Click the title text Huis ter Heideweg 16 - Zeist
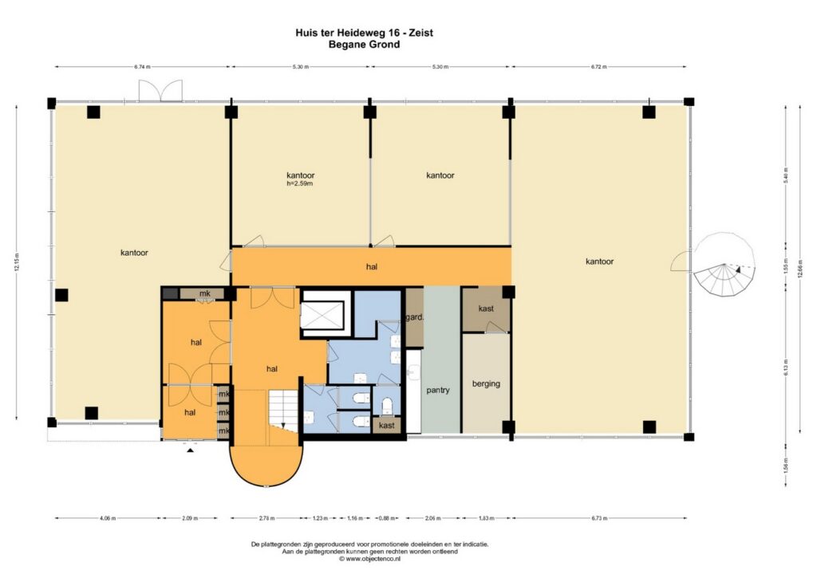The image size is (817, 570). pos(364,33)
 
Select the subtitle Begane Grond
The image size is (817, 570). pos(364,45)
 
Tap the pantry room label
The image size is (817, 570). pos(438,390)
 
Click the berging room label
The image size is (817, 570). pos(486,383)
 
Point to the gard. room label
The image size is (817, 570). pos(414,316)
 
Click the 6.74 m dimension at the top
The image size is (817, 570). pos(142,67)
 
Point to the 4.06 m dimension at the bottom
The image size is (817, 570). pos(108,518)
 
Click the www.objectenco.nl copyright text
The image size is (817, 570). pos(369,559)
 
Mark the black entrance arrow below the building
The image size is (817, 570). pos(190,450)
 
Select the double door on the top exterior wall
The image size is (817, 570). pos(160,92)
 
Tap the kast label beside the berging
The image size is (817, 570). pos(486,309)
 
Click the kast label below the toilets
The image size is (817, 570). pos(387,426)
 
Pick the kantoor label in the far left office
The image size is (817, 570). pos(134,253)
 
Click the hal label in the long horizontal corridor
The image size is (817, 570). pos(371,267)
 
